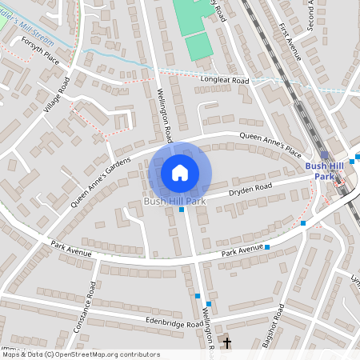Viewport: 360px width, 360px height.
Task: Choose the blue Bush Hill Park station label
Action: pyautogui.click(x=323, y=171)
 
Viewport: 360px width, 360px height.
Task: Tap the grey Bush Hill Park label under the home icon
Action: pyautogui.click(x=175, y=202)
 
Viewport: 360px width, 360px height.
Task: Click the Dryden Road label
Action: pyautogui.click(x=251, y=190)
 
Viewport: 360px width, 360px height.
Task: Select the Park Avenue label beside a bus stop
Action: pyautogui.click(x=242, y=252)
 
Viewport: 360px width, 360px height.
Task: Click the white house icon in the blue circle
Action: pyautogui.click(x=180, y=173)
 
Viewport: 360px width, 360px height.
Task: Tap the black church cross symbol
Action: pyautogui.click(x=227, y=343)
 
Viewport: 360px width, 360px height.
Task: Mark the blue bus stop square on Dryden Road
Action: pyautogui.click(x=182, y=210)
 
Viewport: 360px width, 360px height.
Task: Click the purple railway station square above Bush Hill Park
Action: pyautogui.click(x=324, y=156)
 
